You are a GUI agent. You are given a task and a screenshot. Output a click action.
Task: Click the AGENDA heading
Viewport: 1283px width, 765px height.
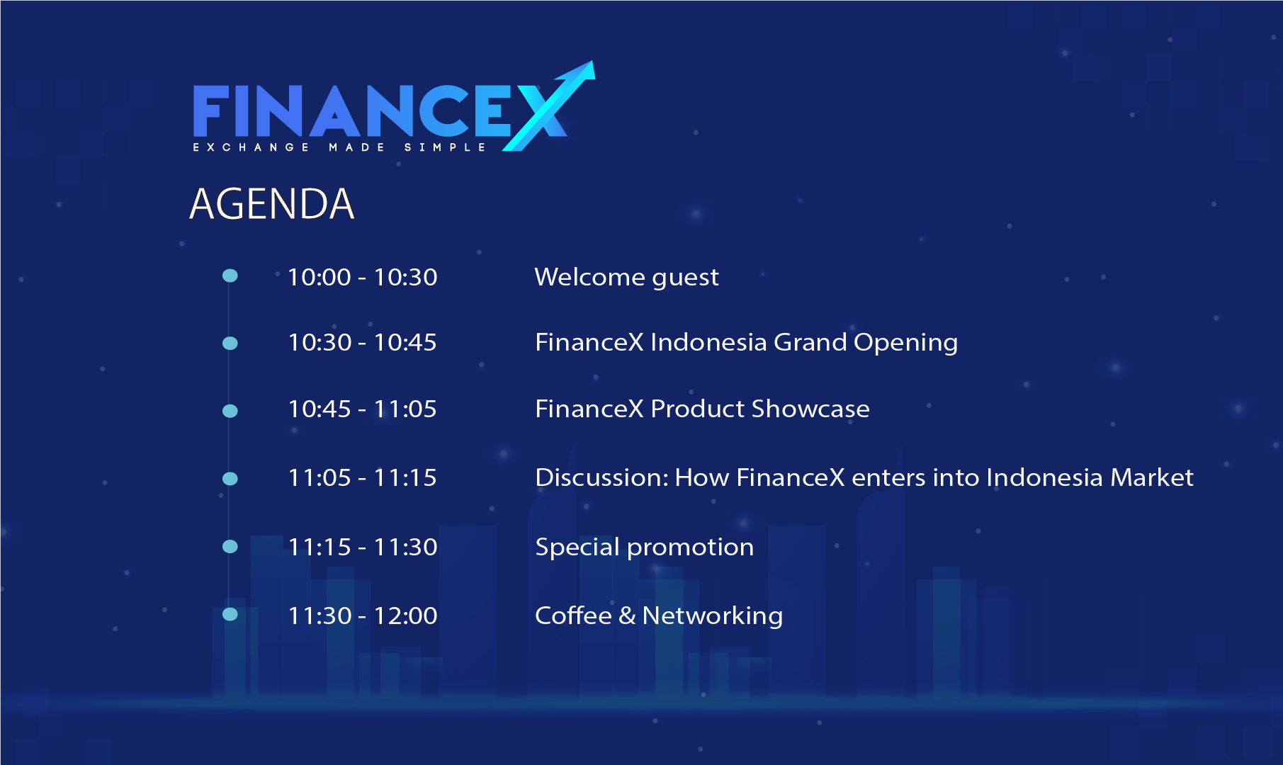pos(271,204)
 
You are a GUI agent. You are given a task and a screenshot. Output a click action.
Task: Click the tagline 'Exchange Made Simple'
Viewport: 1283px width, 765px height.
pos(339,147)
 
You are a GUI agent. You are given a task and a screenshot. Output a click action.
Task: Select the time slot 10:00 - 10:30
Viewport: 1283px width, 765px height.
pos(362,277)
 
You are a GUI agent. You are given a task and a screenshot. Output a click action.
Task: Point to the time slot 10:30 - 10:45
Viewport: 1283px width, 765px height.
pos(362,343)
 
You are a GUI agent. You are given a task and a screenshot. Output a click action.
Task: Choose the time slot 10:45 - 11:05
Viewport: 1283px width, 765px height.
pos(362,409)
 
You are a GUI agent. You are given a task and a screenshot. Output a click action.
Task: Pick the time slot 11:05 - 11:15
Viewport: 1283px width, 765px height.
pos(362,478)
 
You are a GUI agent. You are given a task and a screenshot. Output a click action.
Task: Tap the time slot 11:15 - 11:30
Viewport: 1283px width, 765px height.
pos(362,547)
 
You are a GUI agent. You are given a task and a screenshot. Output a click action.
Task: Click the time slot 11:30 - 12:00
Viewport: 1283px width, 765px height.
pos(362,616)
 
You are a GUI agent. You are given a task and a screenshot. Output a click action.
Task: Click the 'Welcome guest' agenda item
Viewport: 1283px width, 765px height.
pos(626,277)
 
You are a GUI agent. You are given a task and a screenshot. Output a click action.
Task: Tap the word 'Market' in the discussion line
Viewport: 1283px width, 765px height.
pos(1151,478)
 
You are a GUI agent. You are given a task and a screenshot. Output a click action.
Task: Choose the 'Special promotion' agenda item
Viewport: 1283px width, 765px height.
pos(644,547)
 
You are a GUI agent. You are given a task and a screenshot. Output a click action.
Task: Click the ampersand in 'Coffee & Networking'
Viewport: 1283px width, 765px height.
pos(627,616)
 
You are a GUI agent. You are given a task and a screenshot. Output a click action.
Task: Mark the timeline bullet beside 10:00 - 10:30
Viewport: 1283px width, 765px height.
pos(230,276)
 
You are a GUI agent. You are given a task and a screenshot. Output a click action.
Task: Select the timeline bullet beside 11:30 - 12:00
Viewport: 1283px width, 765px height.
pos(230,614)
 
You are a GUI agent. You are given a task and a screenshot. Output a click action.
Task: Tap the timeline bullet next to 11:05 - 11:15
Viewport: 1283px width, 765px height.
pos(230,479)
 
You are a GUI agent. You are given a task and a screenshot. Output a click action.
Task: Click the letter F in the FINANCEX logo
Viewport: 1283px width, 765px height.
pos(210,111)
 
